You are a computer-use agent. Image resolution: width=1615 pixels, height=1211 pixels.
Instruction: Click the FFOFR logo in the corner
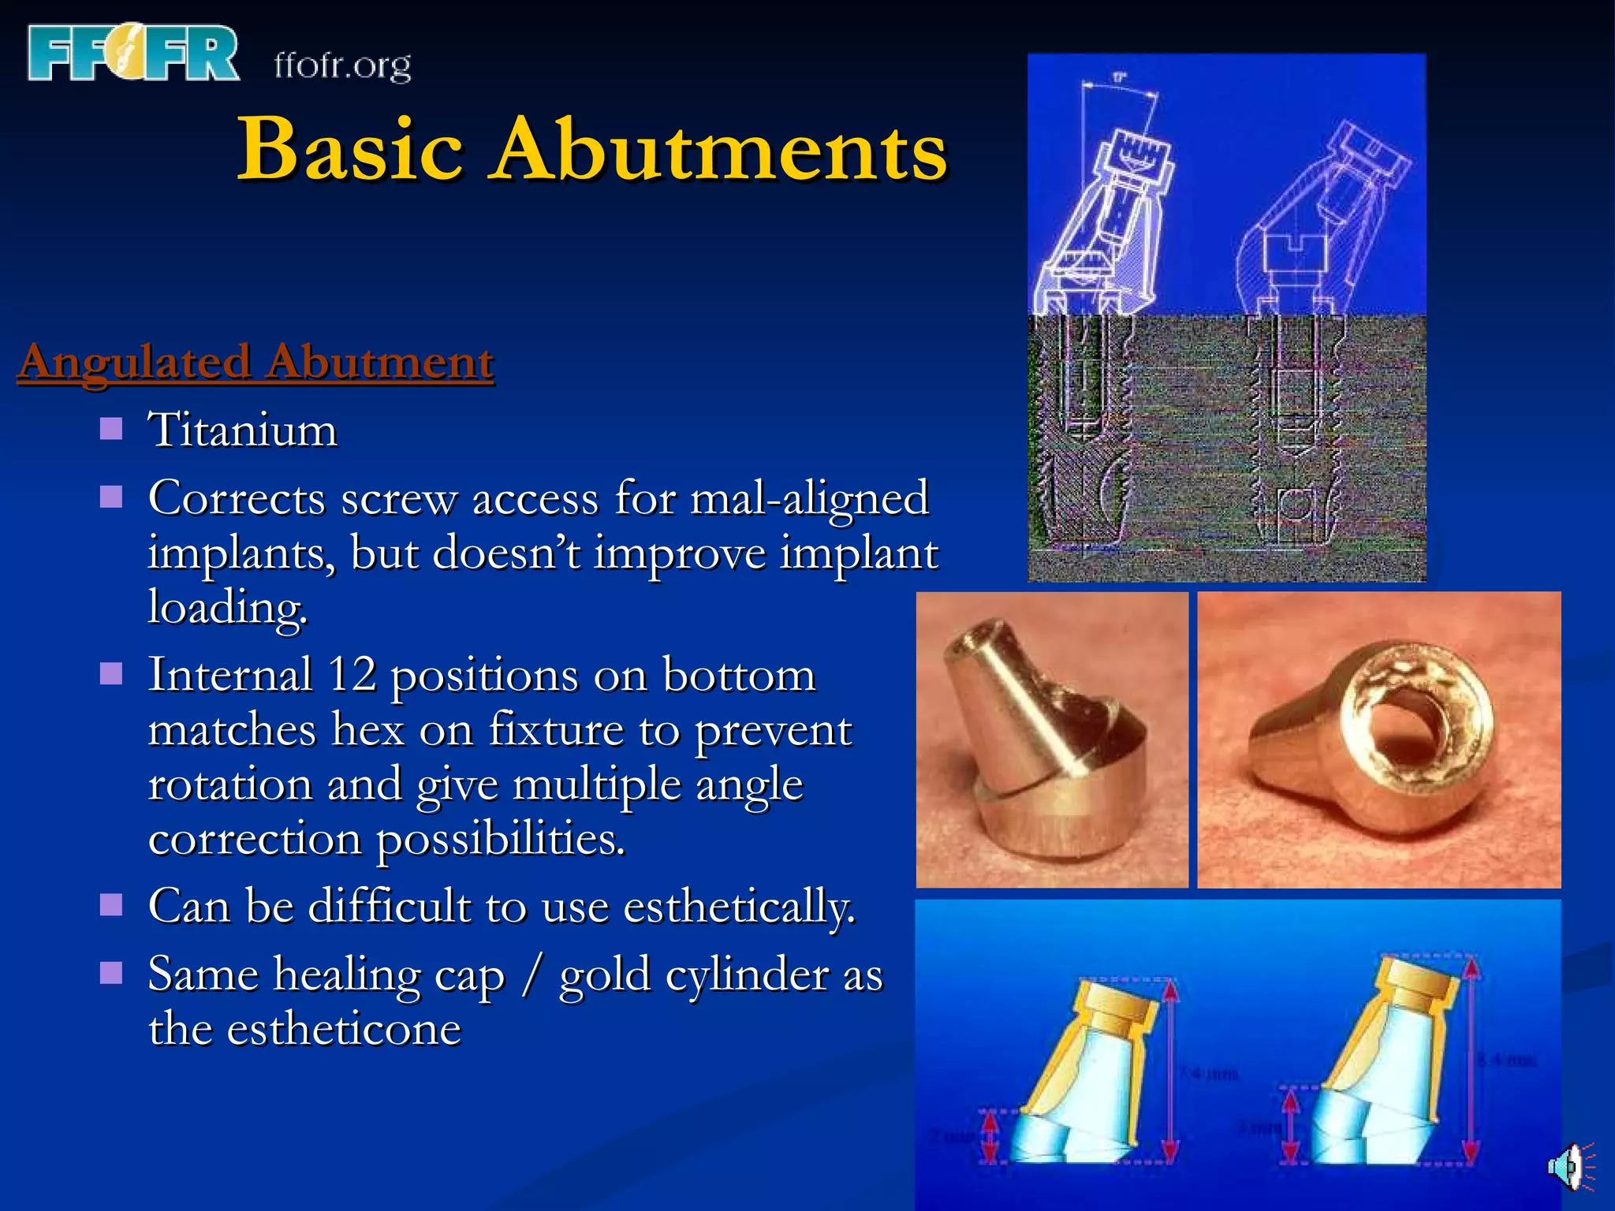click(x=132, y=53)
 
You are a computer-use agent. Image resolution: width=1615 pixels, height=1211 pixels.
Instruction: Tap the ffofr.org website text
click(x=342, y=65)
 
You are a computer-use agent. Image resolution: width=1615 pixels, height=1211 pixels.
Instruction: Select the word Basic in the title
click(x=350, y=149)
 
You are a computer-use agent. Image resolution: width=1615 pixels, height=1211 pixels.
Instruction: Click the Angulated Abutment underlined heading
click(x=256, y=362)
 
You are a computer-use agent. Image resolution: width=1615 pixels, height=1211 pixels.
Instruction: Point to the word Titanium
click(x=243, y=430)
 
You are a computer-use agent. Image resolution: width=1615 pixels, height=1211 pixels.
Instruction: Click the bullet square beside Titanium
click(x=111, y=429)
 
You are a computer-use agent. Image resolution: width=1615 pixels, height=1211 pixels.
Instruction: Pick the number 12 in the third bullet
click(x=352, y=675)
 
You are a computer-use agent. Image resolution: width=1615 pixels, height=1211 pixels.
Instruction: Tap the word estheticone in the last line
click(x=344, y=1029)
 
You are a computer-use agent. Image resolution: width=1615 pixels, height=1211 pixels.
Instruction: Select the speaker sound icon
click(x=1568, y=1165)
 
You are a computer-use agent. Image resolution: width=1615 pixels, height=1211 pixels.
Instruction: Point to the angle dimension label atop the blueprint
click(x=1119, y=77)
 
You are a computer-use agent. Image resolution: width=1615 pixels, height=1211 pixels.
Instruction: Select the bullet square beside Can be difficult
click(x=111, y=904)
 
